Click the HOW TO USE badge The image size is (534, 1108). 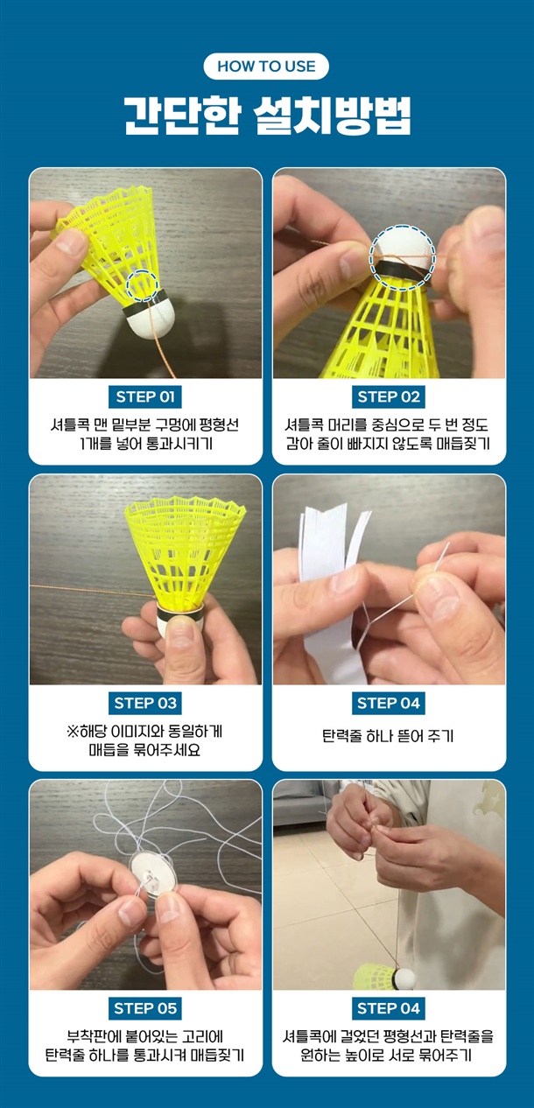[266, 67]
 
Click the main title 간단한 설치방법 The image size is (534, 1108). [267, 116]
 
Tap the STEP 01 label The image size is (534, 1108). [145, 396]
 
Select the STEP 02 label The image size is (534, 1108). [389, 396]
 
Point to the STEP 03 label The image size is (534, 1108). [145, 703]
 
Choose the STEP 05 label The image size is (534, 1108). [145, 1008]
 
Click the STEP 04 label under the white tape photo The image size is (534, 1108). [389, 703]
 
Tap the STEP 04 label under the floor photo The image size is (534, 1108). [389, 1008]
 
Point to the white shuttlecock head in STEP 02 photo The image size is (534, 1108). [402, 245]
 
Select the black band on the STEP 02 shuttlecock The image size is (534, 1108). [402, 271]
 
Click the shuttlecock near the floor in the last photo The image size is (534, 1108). [384, 976]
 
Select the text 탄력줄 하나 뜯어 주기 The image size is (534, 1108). [388, 736]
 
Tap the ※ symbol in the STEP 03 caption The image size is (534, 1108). [73, 731]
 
